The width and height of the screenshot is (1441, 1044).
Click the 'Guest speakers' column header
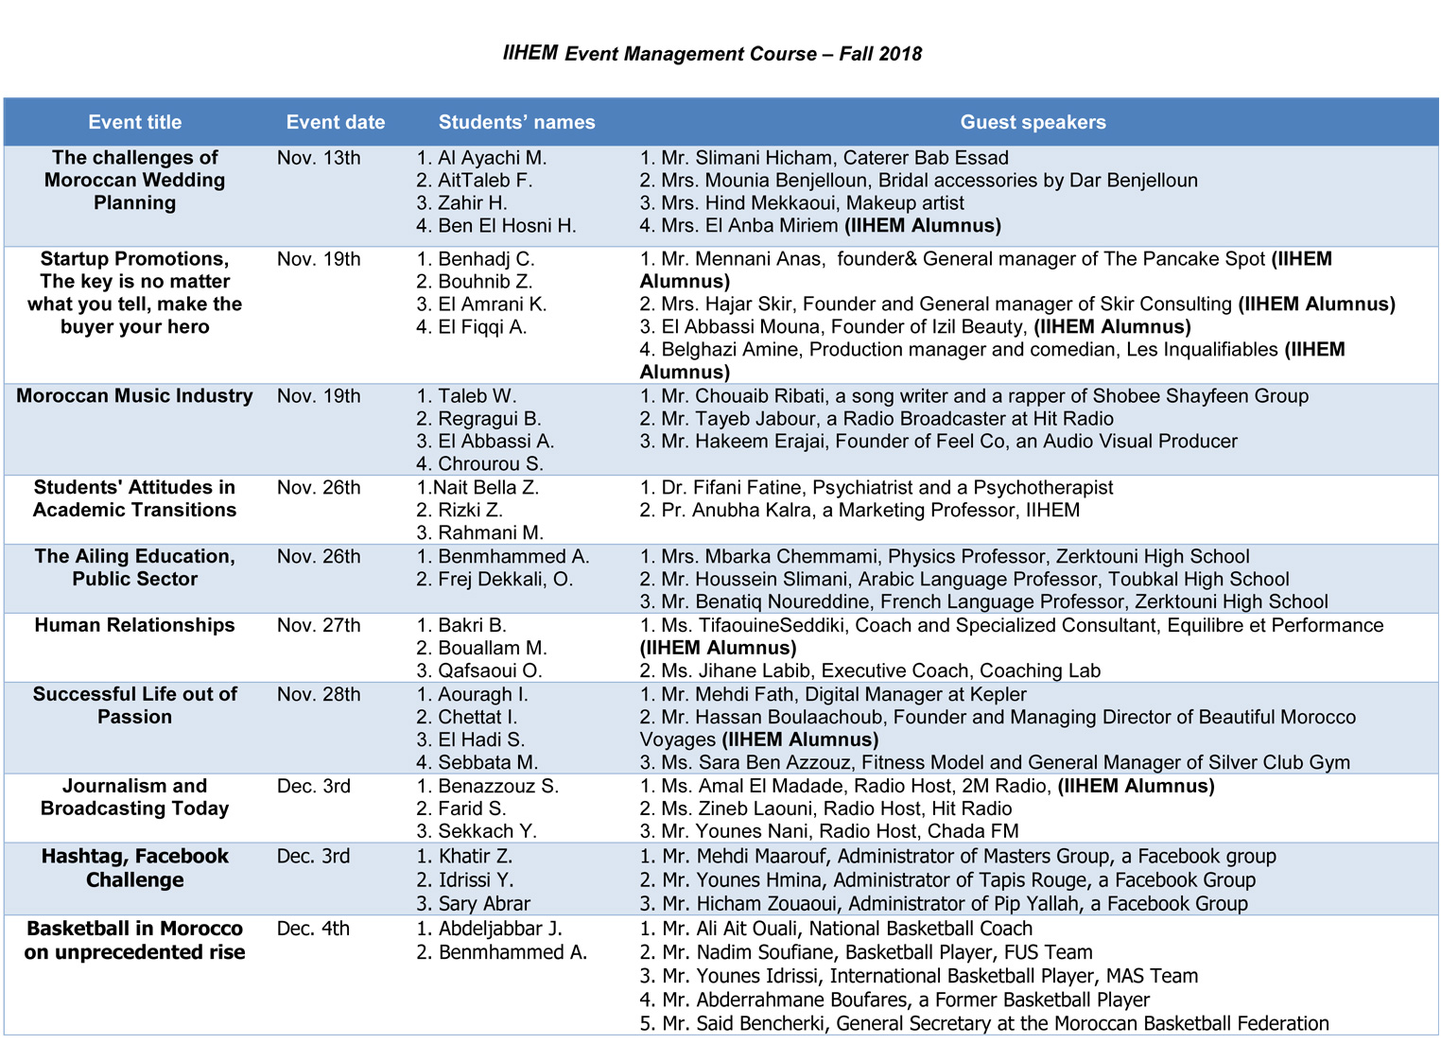tap(1033, 122)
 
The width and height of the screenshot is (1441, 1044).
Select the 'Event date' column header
tap(336, 122)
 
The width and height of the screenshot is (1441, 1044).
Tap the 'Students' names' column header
tap(516, 122)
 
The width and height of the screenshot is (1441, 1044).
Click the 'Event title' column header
tap(135, 122)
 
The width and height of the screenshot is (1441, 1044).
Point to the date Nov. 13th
tap(319, 158)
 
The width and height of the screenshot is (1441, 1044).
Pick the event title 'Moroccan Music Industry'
tap(134, 396)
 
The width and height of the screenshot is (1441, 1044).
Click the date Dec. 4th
tap(313, 929)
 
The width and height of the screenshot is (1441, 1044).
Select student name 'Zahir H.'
tap(472, 203)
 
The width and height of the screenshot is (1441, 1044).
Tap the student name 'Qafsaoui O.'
tap(489, 670)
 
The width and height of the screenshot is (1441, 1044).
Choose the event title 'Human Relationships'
tap(134, 625)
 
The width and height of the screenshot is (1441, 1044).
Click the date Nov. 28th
tap(319, 694)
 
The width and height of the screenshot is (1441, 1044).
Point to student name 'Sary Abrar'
tap(483, 903)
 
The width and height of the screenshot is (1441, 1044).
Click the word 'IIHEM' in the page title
tap(530, 53)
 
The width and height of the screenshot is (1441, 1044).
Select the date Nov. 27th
tap(319, 625)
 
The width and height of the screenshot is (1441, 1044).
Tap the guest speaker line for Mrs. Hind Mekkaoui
tap(802, 203)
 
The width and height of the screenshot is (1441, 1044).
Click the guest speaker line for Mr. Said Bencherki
tap(984, 1023)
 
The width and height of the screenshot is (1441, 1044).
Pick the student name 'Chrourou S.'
tap(490, 464)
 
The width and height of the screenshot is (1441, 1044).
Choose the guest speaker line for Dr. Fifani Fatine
tap(877, 488)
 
